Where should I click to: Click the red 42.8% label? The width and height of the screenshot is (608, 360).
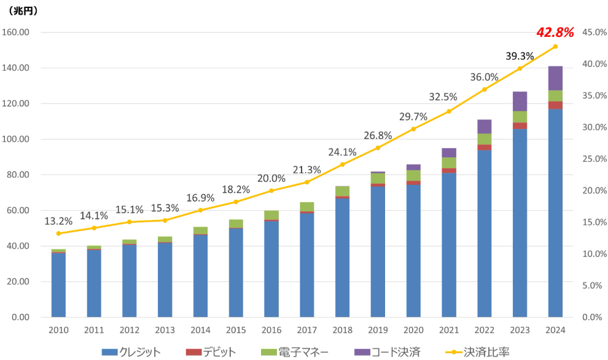tap(555, 32)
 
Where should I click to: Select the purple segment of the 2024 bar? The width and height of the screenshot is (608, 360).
tap(555, 78)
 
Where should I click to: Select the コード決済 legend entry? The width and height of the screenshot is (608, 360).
tap(388, 352)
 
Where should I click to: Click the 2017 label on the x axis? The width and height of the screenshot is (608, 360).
tap(307, 331)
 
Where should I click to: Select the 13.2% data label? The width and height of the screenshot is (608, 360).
tap(58, 221)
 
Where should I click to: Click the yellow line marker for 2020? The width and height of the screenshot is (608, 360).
tap(413, 129)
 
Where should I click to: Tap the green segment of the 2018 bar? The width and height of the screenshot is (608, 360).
tap(343, 191)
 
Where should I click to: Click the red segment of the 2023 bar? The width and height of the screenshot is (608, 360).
tap(520, 126)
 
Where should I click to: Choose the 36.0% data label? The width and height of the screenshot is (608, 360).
tap(484, 77)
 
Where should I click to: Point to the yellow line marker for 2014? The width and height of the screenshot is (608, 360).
tap(200, 210)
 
